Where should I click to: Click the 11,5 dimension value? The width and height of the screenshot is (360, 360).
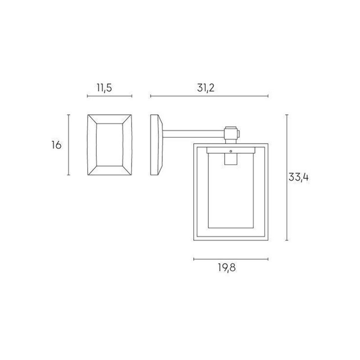point(103,87)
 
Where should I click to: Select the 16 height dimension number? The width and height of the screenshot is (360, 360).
point(56,145)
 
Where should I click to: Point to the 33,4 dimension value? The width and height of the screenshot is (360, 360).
point(298,177)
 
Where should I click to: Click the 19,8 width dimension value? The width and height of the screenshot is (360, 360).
point(227,268)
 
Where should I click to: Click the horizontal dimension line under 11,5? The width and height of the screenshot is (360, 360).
point(109,96)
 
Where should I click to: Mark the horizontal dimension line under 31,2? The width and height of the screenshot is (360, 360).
point(209,96)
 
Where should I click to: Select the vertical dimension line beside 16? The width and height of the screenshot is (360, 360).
point(68,145)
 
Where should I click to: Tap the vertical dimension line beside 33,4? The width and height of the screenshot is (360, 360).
point(287,177)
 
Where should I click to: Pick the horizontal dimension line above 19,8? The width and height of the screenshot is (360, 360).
point(231,259)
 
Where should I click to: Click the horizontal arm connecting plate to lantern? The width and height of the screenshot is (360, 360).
point(193,133)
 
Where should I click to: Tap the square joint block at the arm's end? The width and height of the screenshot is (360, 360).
point(231,134)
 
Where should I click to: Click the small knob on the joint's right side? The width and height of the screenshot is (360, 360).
point(240,134)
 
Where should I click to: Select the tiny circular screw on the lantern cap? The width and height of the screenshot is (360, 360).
point(231,151)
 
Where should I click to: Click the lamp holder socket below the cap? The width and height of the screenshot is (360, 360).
point(231,160)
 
